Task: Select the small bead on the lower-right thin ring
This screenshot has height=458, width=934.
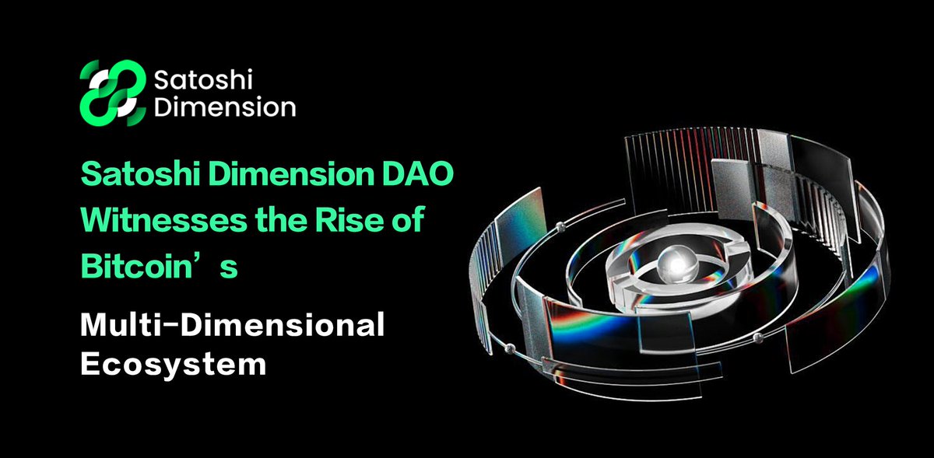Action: [x=757, y=337]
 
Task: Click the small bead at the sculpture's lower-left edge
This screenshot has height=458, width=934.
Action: [x=511, y=345]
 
